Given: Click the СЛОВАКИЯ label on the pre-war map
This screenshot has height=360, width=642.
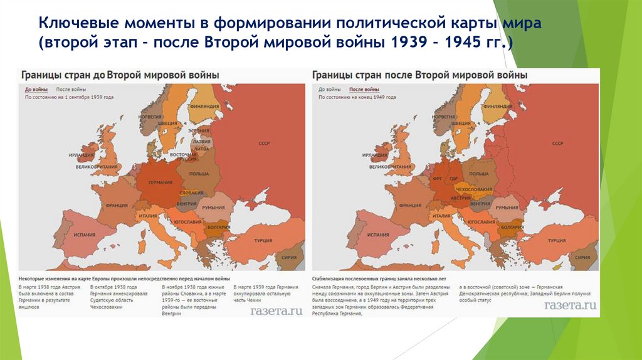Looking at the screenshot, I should coord(191,193).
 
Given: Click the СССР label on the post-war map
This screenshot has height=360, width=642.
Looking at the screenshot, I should coord(557,144).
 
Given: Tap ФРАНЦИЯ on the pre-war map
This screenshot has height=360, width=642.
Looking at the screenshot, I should coord(117,205).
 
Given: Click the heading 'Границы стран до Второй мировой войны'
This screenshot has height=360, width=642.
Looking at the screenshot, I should coord(121,75).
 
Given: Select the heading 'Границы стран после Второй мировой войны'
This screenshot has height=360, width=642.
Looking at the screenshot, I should coord(420,75).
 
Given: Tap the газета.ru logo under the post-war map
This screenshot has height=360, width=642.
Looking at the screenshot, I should coord(570,306).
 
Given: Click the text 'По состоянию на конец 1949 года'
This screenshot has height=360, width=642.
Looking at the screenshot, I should coord(357,98).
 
